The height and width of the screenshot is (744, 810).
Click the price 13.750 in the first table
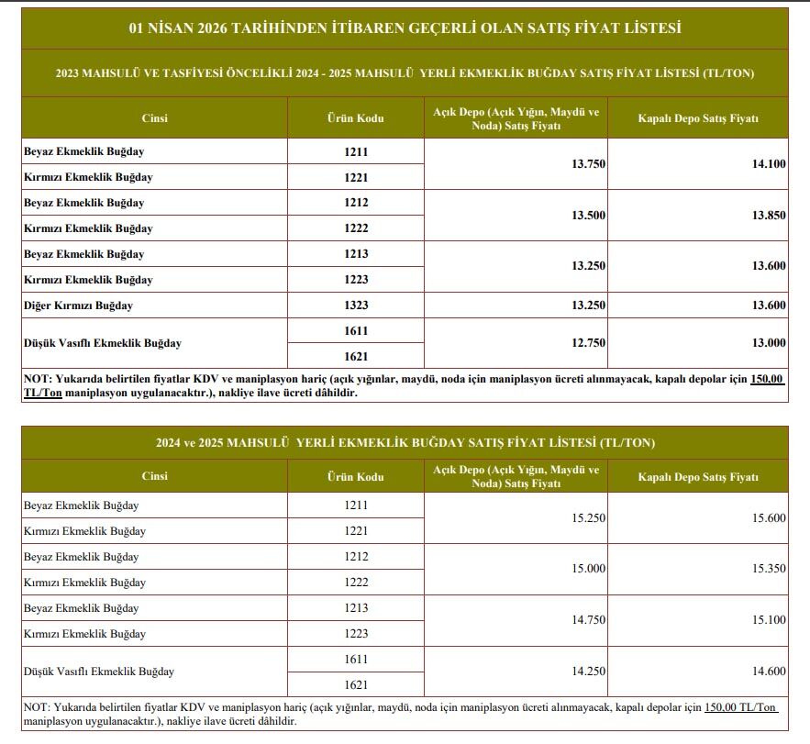coord(588,164)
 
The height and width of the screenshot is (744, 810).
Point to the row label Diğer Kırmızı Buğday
coord(79,305)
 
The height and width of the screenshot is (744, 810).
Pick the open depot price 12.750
coord(588,343)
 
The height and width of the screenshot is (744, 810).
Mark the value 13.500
coord(588,216)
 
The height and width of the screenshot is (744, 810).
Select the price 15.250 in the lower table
coord(588,518)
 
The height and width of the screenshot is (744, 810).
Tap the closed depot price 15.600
coord(769,518)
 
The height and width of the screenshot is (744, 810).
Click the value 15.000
coord(588,569)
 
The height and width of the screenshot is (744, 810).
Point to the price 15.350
coord(769,569)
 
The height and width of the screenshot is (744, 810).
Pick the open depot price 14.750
coord(588,621)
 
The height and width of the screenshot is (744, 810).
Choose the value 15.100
coord(769,621)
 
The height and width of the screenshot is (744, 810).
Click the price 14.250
coord(588,672)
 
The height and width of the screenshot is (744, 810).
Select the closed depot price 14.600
coord(769,672)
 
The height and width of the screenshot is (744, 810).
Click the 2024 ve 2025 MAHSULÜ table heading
coord(405,443)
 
